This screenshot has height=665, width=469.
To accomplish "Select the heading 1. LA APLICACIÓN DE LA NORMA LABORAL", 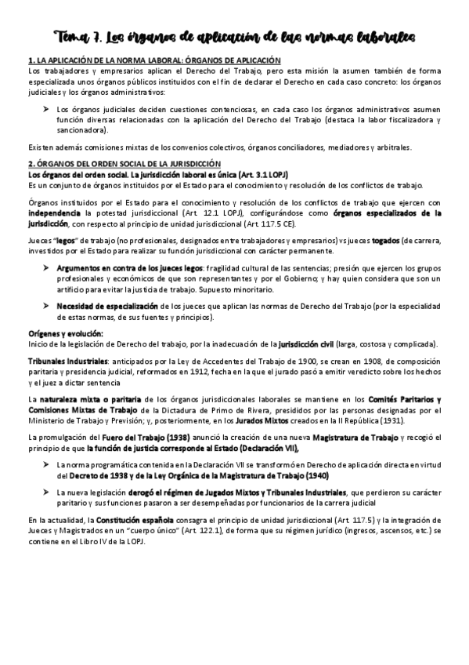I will [x=154, y=60].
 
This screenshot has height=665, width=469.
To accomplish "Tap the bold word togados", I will [x=384, y=241].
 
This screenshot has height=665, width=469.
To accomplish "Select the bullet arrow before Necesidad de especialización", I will [x=47, y=306].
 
